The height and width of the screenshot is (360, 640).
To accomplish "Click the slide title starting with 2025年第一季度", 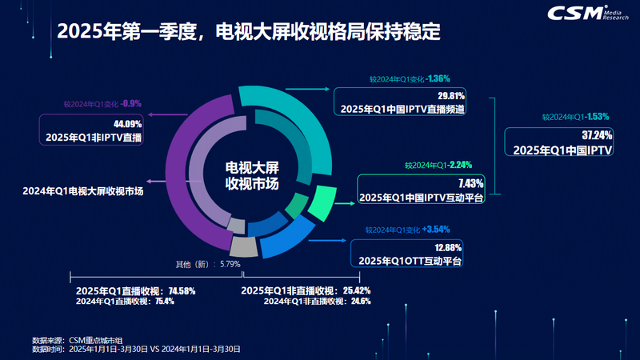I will coord(249,34).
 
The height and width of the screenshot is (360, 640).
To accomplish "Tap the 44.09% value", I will coord(127,124).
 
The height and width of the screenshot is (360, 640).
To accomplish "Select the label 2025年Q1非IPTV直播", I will coord(94,138).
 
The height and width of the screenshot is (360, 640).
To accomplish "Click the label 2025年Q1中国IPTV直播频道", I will coord(403,108).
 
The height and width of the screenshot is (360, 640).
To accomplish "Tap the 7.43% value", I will coord(470,183).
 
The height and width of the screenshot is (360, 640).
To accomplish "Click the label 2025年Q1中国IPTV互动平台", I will coord(422,197).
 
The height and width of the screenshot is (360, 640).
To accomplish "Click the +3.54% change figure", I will coord(436,230).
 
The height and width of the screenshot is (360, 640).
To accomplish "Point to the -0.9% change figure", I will coord(131,104).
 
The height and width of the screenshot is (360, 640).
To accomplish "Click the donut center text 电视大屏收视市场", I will coord(252,176).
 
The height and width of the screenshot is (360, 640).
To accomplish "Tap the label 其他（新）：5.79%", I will coord(208,264).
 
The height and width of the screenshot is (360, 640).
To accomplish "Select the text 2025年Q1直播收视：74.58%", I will coord(135,290).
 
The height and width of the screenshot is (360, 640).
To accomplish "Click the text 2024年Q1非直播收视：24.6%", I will coord(317,302).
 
